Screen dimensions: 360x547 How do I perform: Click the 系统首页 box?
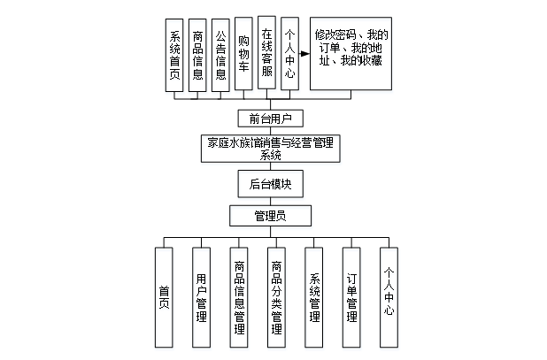[x=174, y=54]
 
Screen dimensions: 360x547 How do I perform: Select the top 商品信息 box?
[x=197, y=54]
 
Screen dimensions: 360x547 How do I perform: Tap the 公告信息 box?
[x=220, y=54]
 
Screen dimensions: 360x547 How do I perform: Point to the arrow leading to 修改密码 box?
[x=303, y=53]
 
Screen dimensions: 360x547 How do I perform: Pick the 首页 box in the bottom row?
[x=164, y=297]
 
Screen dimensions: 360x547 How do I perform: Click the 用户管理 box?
[x=202, y=297]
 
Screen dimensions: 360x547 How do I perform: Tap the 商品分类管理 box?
[x=277, y=297]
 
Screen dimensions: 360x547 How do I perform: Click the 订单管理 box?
[x=351, y=297]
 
